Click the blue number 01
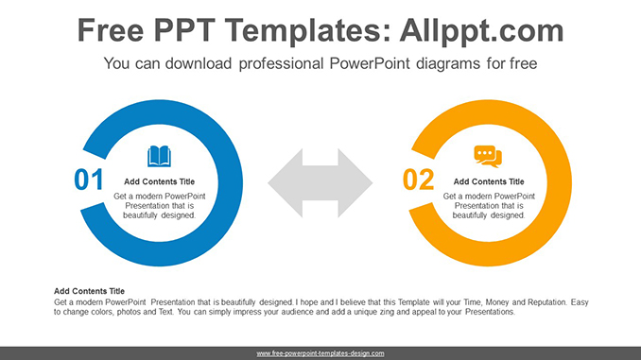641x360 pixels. (x=89, y=180)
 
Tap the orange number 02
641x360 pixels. (x=418, y=180)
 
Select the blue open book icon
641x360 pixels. (x=159, y=156)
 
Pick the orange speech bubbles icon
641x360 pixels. (x=488, y=156)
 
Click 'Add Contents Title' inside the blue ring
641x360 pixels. (x=160, y=181)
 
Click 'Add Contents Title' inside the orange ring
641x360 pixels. (x=489, y=181)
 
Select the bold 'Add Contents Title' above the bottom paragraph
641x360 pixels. (x=90, y=291)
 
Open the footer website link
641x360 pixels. (x=320, y=353)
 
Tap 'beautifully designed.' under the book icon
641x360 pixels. (x=160, y=215)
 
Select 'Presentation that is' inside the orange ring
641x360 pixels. (x=489, y=205)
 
